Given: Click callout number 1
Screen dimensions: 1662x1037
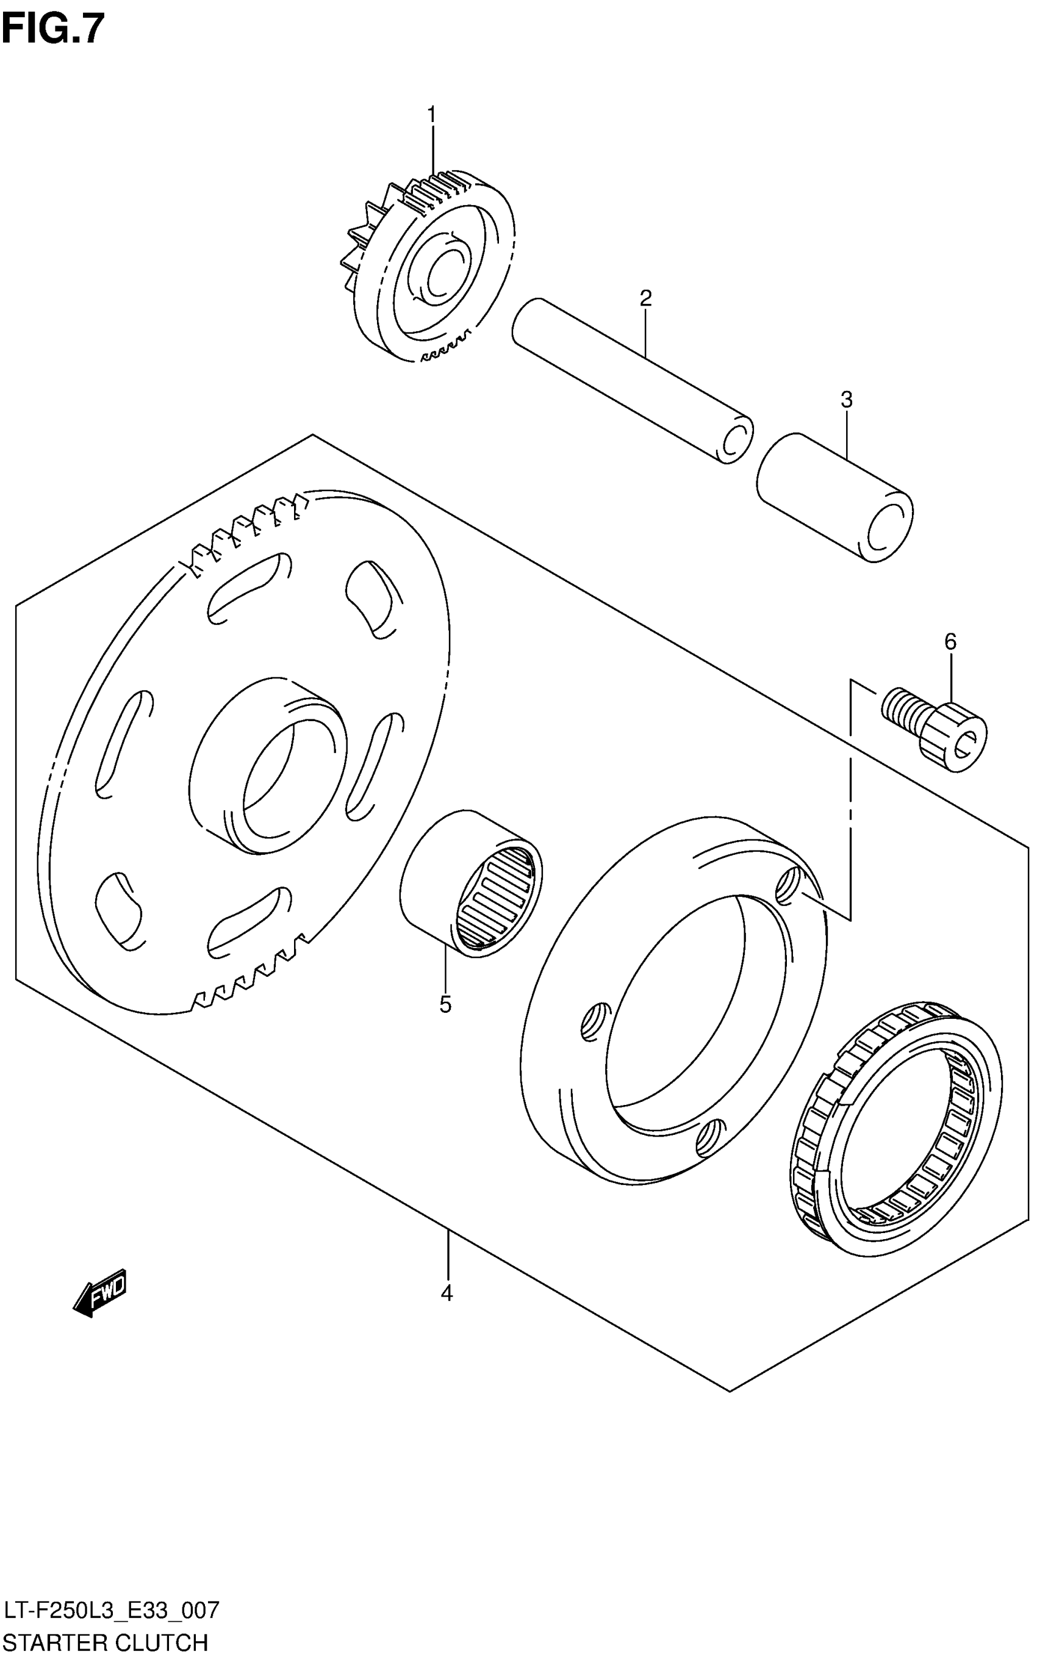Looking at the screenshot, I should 431,115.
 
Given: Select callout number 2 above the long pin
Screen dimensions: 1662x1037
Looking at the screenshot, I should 645,298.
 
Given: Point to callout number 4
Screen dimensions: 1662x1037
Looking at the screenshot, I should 447,1293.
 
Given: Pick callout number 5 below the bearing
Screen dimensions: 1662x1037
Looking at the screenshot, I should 445,1005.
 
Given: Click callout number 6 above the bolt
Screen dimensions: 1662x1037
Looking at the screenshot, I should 950,642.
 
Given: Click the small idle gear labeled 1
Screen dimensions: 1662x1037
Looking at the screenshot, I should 432,267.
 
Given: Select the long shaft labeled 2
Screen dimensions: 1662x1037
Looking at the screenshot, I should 631,381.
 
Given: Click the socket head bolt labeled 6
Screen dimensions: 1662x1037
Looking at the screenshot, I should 936,733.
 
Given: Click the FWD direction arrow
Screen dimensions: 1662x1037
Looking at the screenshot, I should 100,1292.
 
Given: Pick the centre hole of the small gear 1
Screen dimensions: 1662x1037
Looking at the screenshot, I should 442,275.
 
